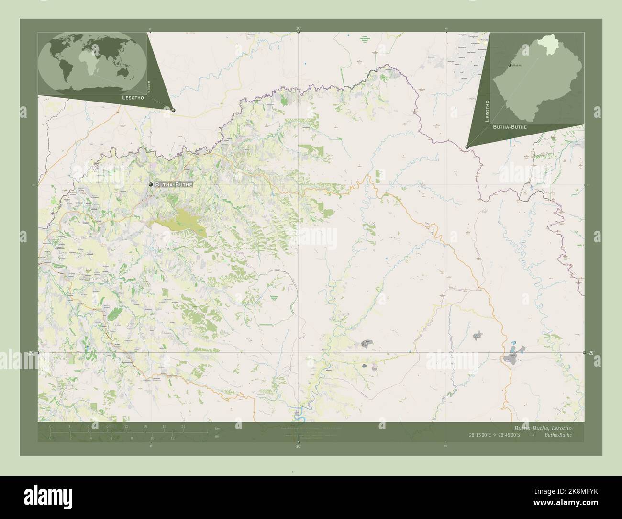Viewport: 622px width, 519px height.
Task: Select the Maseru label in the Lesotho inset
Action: [516, 65]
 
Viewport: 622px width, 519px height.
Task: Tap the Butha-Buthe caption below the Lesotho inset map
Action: [510, 127]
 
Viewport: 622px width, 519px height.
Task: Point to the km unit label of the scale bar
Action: [217, 428]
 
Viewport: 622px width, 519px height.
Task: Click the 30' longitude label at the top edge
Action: [298, 28]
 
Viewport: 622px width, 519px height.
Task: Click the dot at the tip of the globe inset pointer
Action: [173, 110]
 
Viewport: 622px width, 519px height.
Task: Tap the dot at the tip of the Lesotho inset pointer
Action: [467, 147]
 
